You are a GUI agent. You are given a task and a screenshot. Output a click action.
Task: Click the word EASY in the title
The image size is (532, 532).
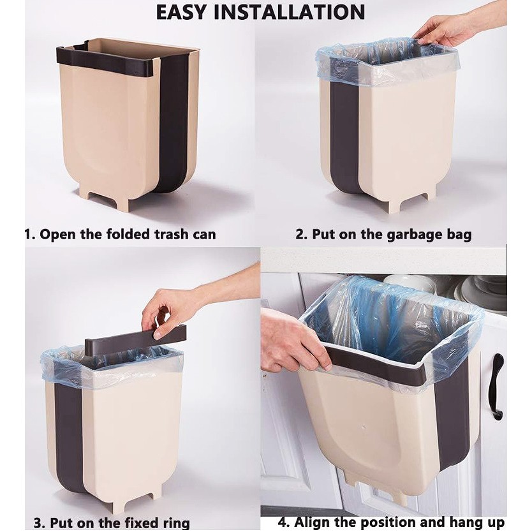tap(181, 13)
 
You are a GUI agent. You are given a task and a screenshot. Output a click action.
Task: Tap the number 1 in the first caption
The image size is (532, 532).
tap(29, 235)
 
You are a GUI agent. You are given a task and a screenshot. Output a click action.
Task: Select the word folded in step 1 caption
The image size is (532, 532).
tap(128, 234)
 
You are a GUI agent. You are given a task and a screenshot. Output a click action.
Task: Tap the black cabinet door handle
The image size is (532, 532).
tap(496, 386)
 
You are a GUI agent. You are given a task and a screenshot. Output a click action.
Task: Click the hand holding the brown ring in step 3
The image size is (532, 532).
tap(170, 312)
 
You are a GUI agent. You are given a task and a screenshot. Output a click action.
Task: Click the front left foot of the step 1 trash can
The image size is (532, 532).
tap(119, 202)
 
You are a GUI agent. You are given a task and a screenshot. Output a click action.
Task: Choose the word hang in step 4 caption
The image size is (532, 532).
tap(464, 523)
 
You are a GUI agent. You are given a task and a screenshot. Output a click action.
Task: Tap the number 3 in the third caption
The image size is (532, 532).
tap(38, 523)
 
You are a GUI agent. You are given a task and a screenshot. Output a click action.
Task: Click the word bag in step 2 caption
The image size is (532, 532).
tap(461, 235)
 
